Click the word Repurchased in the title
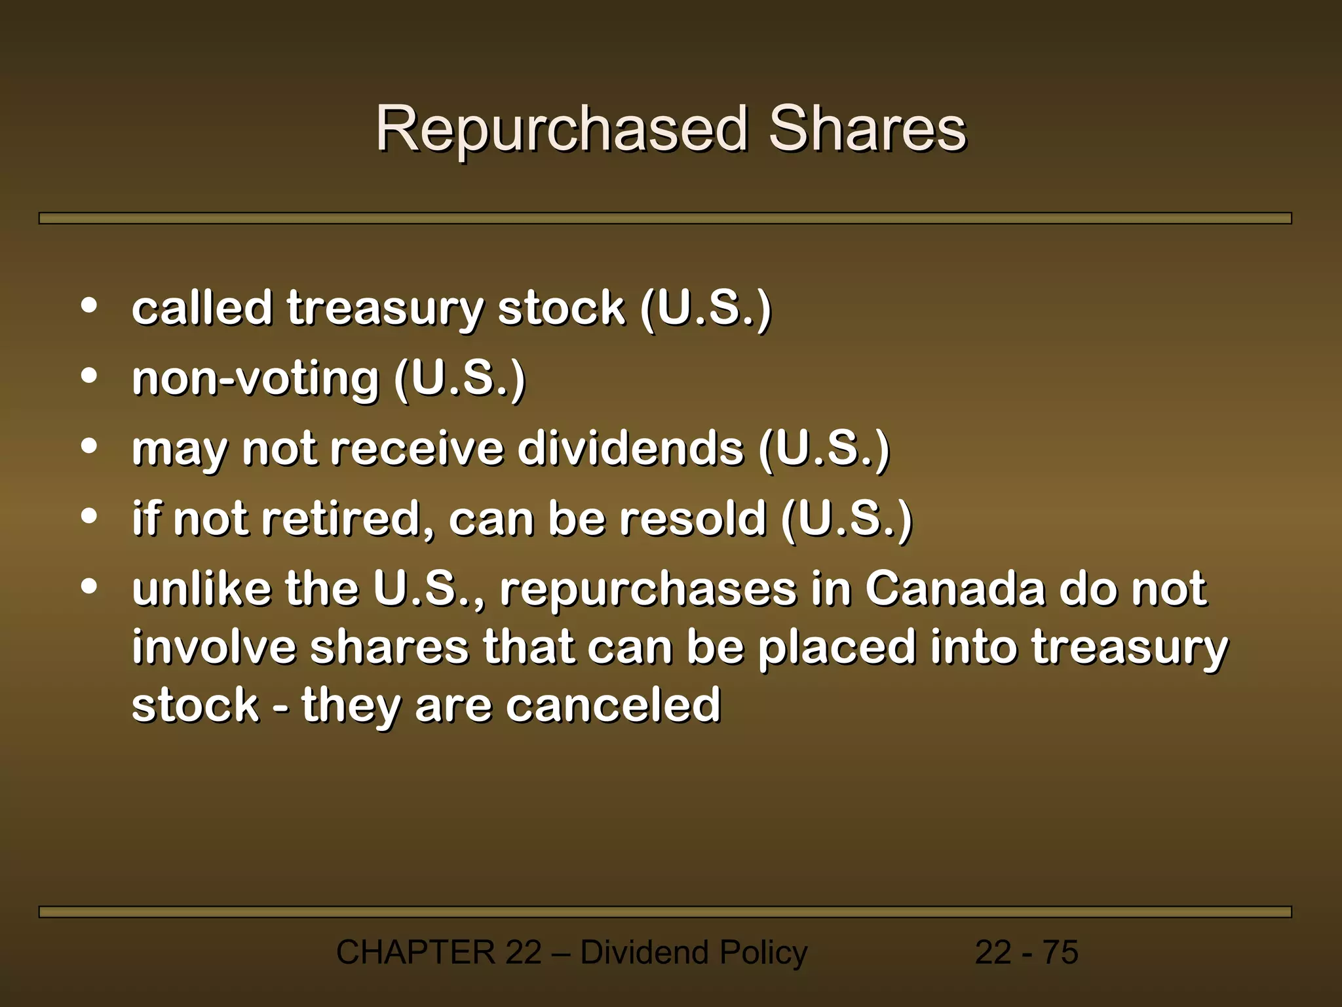point(562,129)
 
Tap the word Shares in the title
point(867,129)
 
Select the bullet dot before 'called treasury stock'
point(89,306)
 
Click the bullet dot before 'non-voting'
point(89,376)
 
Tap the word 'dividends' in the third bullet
point(630,449)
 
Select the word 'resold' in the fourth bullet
point(693,519)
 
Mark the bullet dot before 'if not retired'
point(89,517)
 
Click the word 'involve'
point(214,647)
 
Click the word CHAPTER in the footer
point(415,953)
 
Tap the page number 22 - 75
point(1026,953)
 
